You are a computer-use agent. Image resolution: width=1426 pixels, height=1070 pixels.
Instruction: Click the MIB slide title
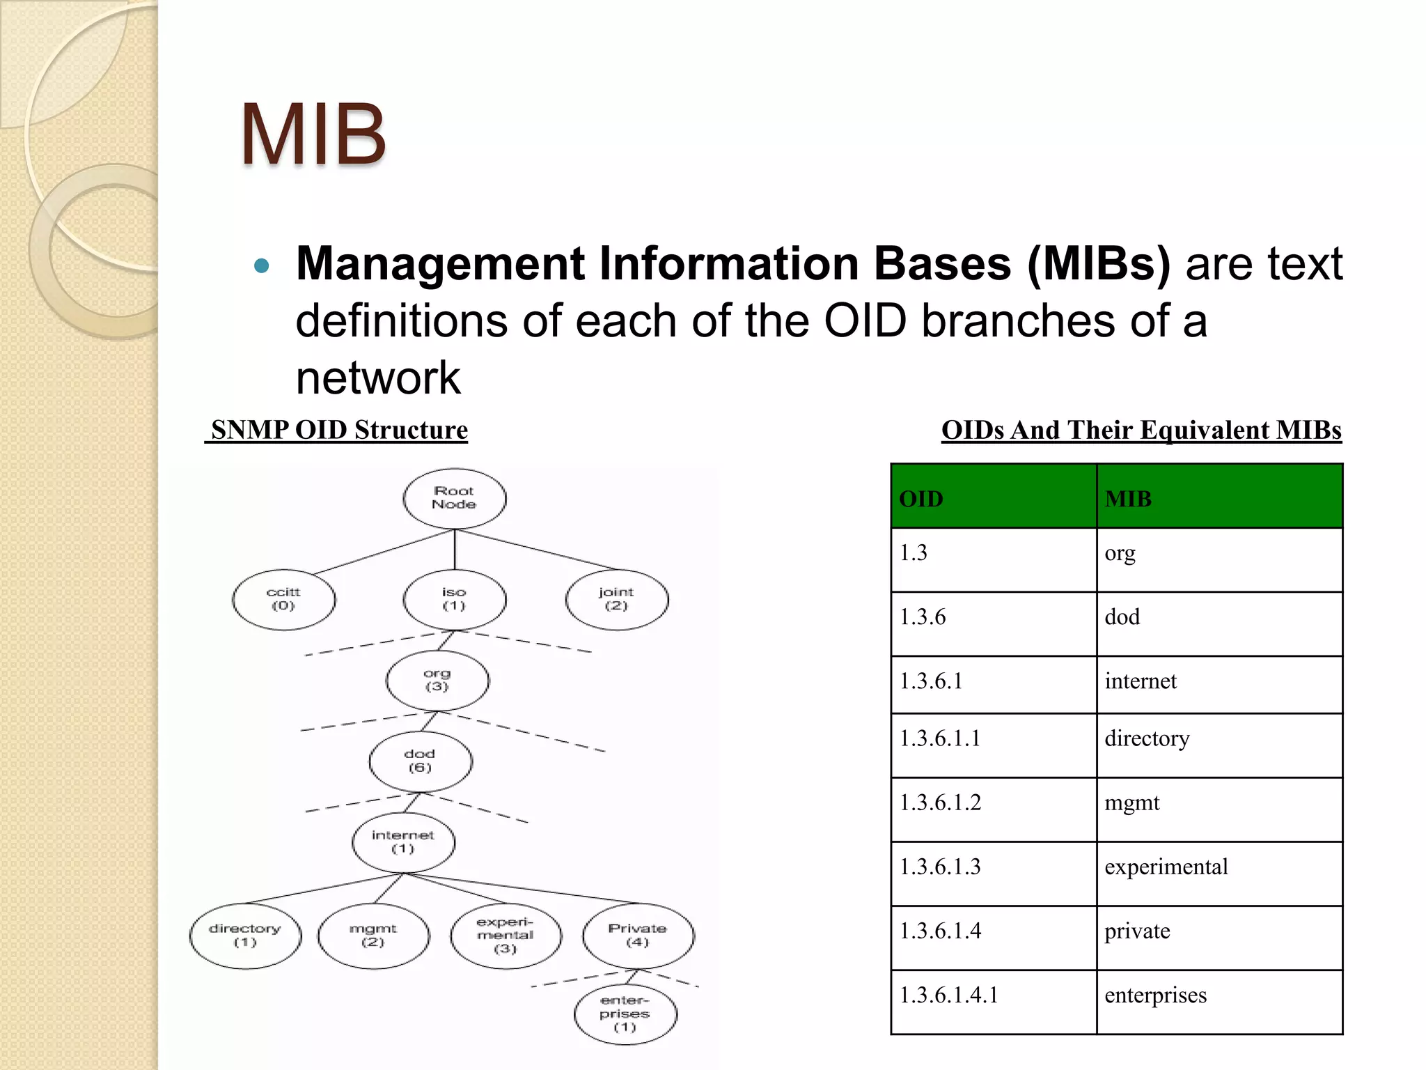tap(313, 134)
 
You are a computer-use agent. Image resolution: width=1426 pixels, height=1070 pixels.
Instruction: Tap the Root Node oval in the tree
tap(454, 498)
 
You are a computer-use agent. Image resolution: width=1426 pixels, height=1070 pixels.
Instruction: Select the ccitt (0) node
tap(283, 599)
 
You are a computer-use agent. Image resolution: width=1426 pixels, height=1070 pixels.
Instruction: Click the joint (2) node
tap(616, 599)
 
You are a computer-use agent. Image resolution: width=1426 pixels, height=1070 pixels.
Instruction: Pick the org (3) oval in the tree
tap(437, 680)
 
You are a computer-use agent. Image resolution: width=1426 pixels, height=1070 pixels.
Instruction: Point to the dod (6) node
tap(420, 761)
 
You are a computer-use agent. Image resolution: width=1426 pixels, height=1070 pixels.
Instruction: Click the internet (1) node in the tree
tap(403, 842)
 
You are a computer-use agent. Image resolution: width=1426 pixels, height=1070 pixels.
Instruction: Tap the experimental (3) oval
tap(506, 936)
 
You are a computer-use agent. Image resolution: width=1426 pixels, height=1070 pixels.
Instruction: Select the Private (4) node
tap(638, 936)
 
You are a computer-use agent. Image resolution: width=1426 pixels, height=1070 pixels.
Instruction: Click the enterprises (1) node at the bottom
tap(625, 1014)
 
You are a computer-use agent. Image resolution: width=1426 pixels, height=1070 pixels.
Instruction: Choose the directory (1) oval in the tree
tap(245, 936)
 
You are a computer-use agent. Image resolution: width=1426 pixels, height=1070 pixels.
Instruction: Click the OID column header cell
tap(993, 497)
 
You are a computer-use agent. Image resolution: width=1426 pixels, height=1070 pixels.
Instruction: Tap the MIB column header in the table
tap(1219, 497)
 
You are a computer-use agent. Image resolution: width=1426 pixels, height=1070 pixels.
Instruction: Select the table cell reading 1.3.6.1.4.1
tap(993, 1002)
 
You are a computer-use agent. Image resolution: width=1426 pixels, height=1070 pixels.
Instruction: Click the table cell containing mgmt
tap(1219, 809)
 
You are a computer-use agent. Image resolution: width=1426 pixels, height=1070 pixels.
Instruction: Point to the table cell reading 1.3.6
tap(993, 623)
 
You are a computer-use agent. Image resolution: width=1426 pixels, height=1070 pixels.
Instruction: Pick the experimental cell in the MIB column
tap(1219, 873)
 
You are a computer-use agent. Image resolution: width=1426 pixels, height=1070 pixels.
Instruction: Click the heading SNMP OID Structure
tap(338, 430)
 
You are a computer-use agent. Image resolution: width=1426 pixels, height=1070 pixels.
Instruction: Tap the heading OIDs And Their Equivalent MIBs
tap(1141, 430)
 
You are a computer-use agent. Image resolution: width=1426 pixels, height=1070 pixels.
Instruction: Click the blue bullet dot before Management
tap(262, 265)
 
